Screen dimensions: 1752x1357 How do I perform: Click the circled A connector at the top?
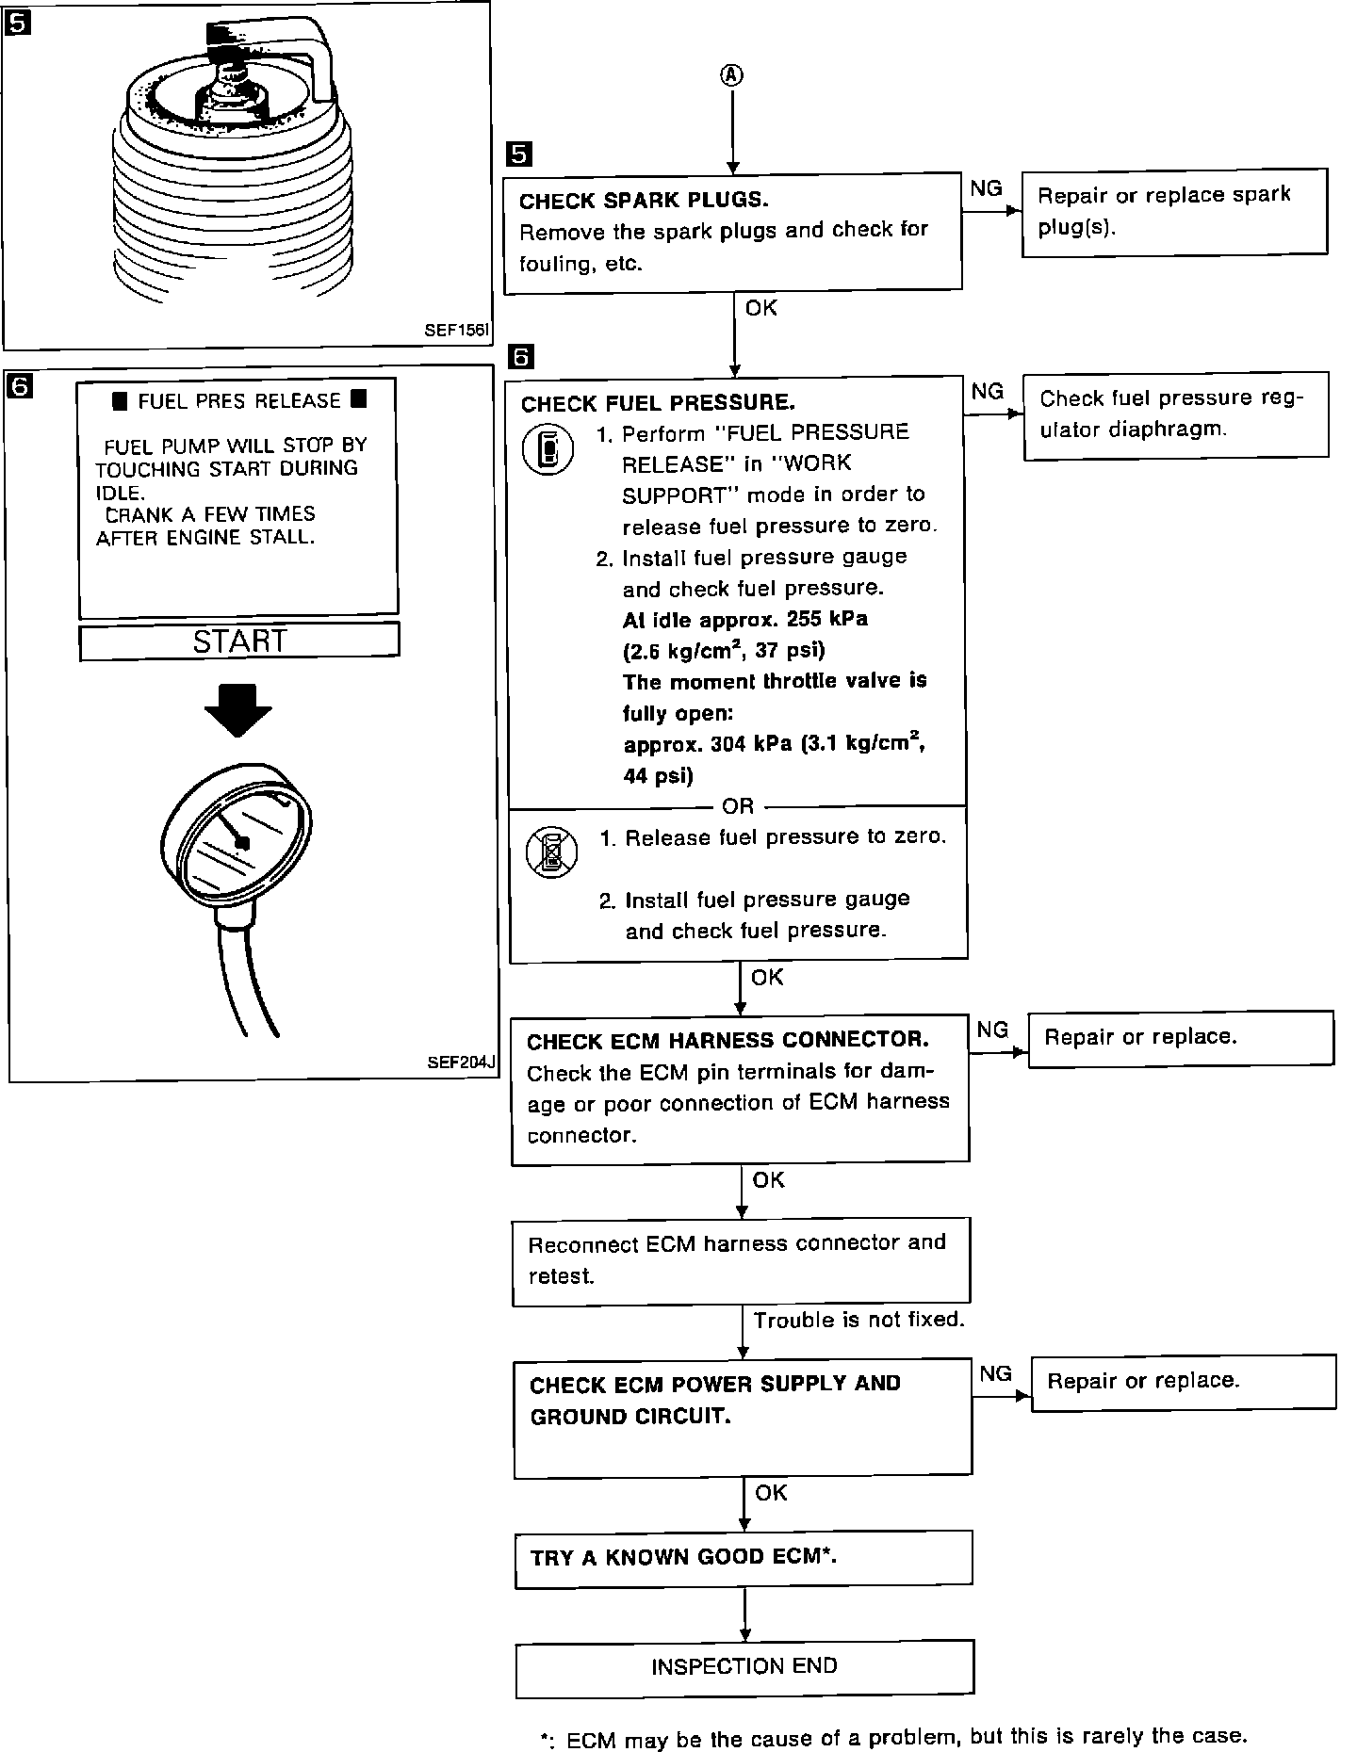click(732, 76)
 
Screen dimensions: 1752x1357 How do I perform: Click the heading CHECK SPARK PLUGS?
click(644, 201)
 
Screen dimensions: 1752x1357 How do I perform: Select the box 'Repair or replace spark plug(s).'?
click(1173, 211)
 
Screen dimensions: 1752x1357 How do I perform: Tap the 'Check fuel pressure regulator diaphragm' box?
click(1175, 414)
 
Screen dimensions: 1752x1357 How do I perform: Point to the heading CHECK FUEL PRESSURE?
click(658, 403)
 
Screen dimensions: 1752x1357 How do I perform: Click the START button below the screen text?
click(238, 641)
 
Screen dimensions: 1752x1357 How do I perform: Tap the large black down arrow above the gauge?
click(238, 707)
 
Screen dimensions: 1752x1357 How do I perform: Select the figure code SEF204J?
click(461, 1063)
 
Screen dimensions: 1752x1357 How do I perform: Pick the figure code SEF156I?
click(456, 331)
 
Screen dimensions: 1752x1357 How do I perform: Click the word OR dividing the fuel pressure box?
click(738, 806)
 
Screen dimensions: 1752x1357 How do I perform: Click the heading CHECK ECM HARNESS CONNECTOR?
click(728, 1041)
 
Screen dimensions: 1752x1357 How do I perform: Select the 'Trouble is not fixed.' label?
click(859, 1320)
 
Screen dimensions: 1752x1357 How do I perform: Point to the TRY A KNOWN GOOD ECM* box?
click(744, 1558)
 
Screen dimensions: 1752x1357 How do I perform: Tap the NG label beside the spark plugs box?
click(986, 188)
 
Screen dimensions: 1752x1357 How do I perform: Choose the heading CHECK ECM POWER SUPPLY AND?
click(715, 1384)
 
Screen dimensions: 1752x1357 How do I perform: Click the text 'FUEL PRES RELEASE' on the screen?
click(239, 401)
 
